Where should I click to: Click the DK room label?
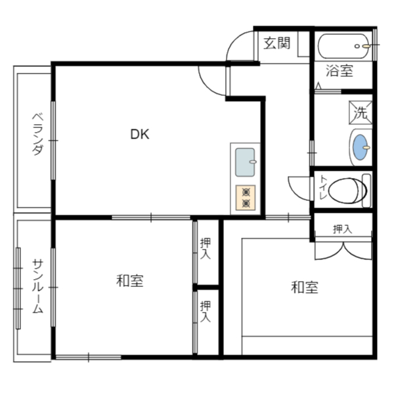[x=140, y=134]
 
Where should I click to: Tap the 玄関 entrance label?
[x=276, y=43]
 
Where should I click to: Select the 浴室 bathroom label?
[x=339, y=71]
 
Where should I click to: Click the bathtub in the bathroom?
[x=343, y=46]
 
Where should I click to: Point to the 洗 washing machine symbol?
[x=361, y=112]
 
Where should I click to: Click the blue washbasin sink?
[x=360, y=147]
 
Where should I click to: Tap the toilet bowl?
[x=347, y=190]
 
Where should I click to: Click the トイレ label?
[x=322, y=187]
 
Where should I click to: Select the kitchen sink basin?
[x=245, y=162]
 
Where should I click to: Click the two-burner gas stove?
[x=246, y=198]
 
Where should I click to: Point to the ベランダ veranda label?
[x=37, y=134]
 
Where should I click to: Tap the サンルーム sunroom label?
[x=37, y=286]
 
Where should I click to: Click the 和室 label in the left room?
[x=129, y=280]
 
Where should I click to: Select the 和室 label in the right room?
[x=305, y=287]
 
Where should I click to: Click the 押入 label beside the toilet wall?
[x=342, y=229]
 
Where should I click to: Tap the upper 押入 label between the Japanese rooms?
[x=206, y=248]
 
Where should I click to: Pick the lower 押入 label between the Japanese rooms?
[x=206, y=311]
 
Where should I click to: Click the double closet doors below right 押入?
[x=343, y=250]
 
